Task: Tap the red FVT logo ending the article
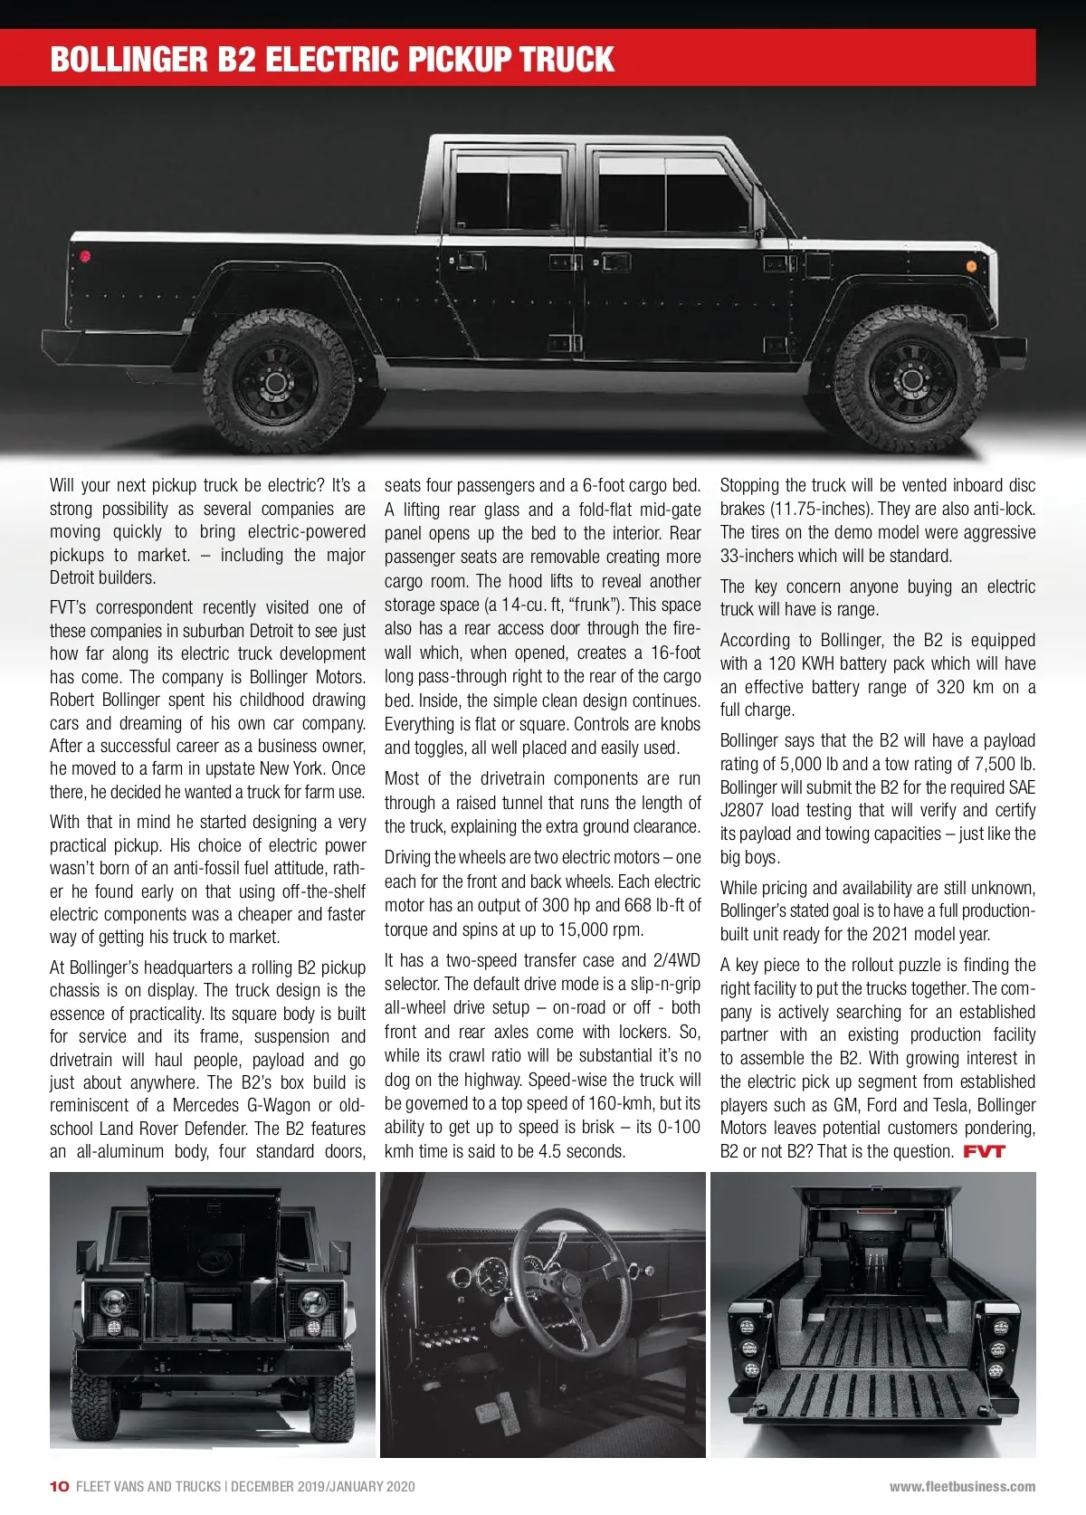(x=984, y=1152)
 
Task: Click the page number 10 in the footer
(x=59, y=1486)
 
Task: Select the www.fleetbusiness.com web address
(x=962, y=1486)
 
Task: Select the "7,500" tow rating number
(x=995, y=764)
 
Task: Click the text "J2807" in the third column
(x=742, y=810)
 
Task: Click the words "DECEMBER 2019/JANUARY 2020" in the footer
(x=323, y=1486)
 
